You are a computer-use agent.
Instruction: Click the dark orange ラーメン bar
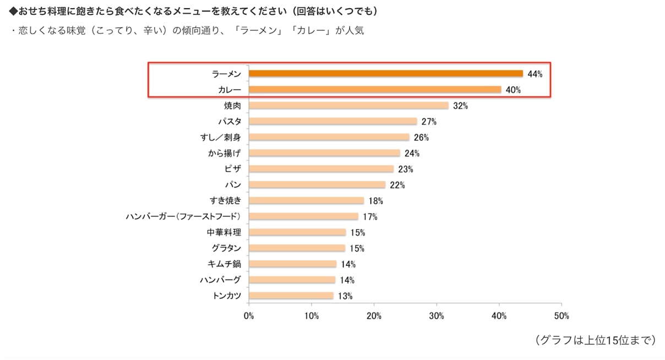385,74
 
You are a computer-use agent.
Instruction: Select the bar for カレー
374,90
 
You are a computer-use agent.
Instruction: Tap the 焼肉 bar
348,106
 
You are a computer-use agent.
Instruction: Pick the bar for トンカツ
291,296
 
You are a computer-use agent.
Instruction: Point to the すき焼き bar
306,200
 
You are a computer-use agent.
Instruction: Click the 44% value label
535,74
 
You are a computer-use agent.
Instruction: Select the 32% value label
460,106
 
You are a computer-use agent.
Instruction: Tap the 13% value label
345,296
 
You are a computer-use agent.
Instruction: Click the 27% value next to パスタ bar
428,122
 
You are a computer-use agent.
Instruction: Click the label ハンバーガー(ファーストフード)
183,216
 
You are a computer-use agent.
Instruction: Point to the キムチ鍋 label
226,264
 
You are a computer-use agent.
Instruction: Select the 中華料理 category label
224,232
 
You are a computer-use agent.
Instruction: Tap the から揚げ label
225,153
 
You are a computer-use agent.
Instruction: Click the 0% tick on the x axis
249,316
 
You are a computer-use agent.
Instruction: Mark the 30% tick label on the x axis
437,316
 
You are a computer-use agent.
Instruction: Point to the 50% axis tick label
562,316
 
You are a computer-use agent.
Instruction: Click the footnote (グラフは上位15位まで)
595,340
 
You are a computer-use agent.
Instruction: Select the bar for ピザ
321,169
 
